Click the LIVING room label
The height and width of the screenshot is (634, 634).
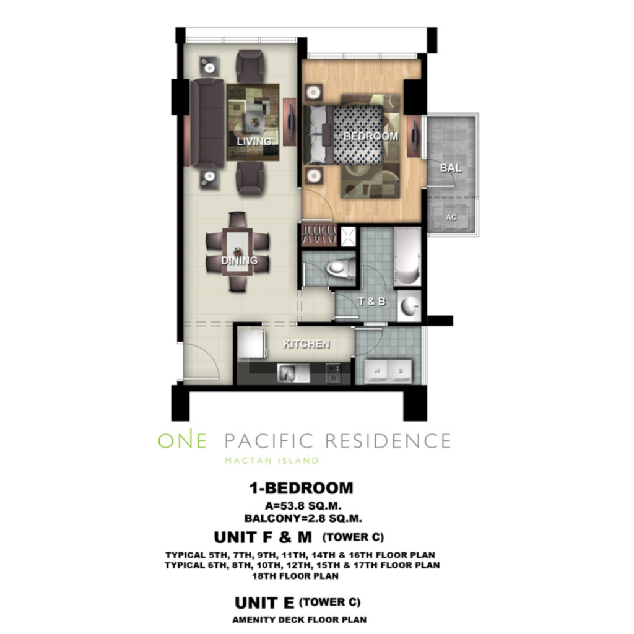pyautogui.click(x=254, y=142)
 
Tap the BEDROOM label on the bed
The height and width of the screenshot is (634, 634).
pyautogui.click(x=370, y=136)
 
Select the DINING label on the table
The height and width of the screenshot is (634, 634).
pyautogui.click(x=240, y=260)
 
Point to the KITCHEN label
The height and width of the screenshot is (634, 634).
pyautogui.click(x=306, y=344)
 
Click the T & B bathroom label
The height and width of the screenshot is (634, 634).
pyautogui.click(x=372, y=302)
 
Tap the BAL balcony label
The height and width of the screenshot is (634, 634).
pyautogui.click(x=451, y=167)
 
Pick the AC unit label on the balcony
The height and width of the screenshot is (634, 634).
pyautogui.click(x=451, y=217)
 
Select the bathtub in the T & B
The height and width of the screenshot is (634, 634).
pyautogui.click(x=407, y=256)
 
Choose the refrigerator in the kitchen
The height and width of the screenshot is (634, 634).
pyautogui.click(x=251, y=343)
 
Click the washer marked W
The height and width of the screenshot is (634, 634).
pyautogui.click(x=376, y=371)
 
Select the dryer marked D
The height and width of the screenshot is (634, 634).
pyautogui.click(x=400, y=371)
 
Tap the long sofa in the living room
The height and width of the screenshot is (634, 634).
pyautogui.click(x=207, y=123)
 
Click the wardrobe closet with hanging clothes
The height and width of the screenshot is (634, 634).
pyautogui.click(x=319, y=235)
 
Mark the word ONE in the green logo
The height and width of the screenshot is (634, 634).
pyautogui.click(x=183, y=441)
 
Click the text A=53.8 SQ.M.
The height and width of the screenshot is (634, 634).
pyautogui.click(x=303, y=505)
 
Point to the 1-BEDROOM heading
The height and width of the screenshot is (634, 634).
pyautogui.click(x=302, y=488)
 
